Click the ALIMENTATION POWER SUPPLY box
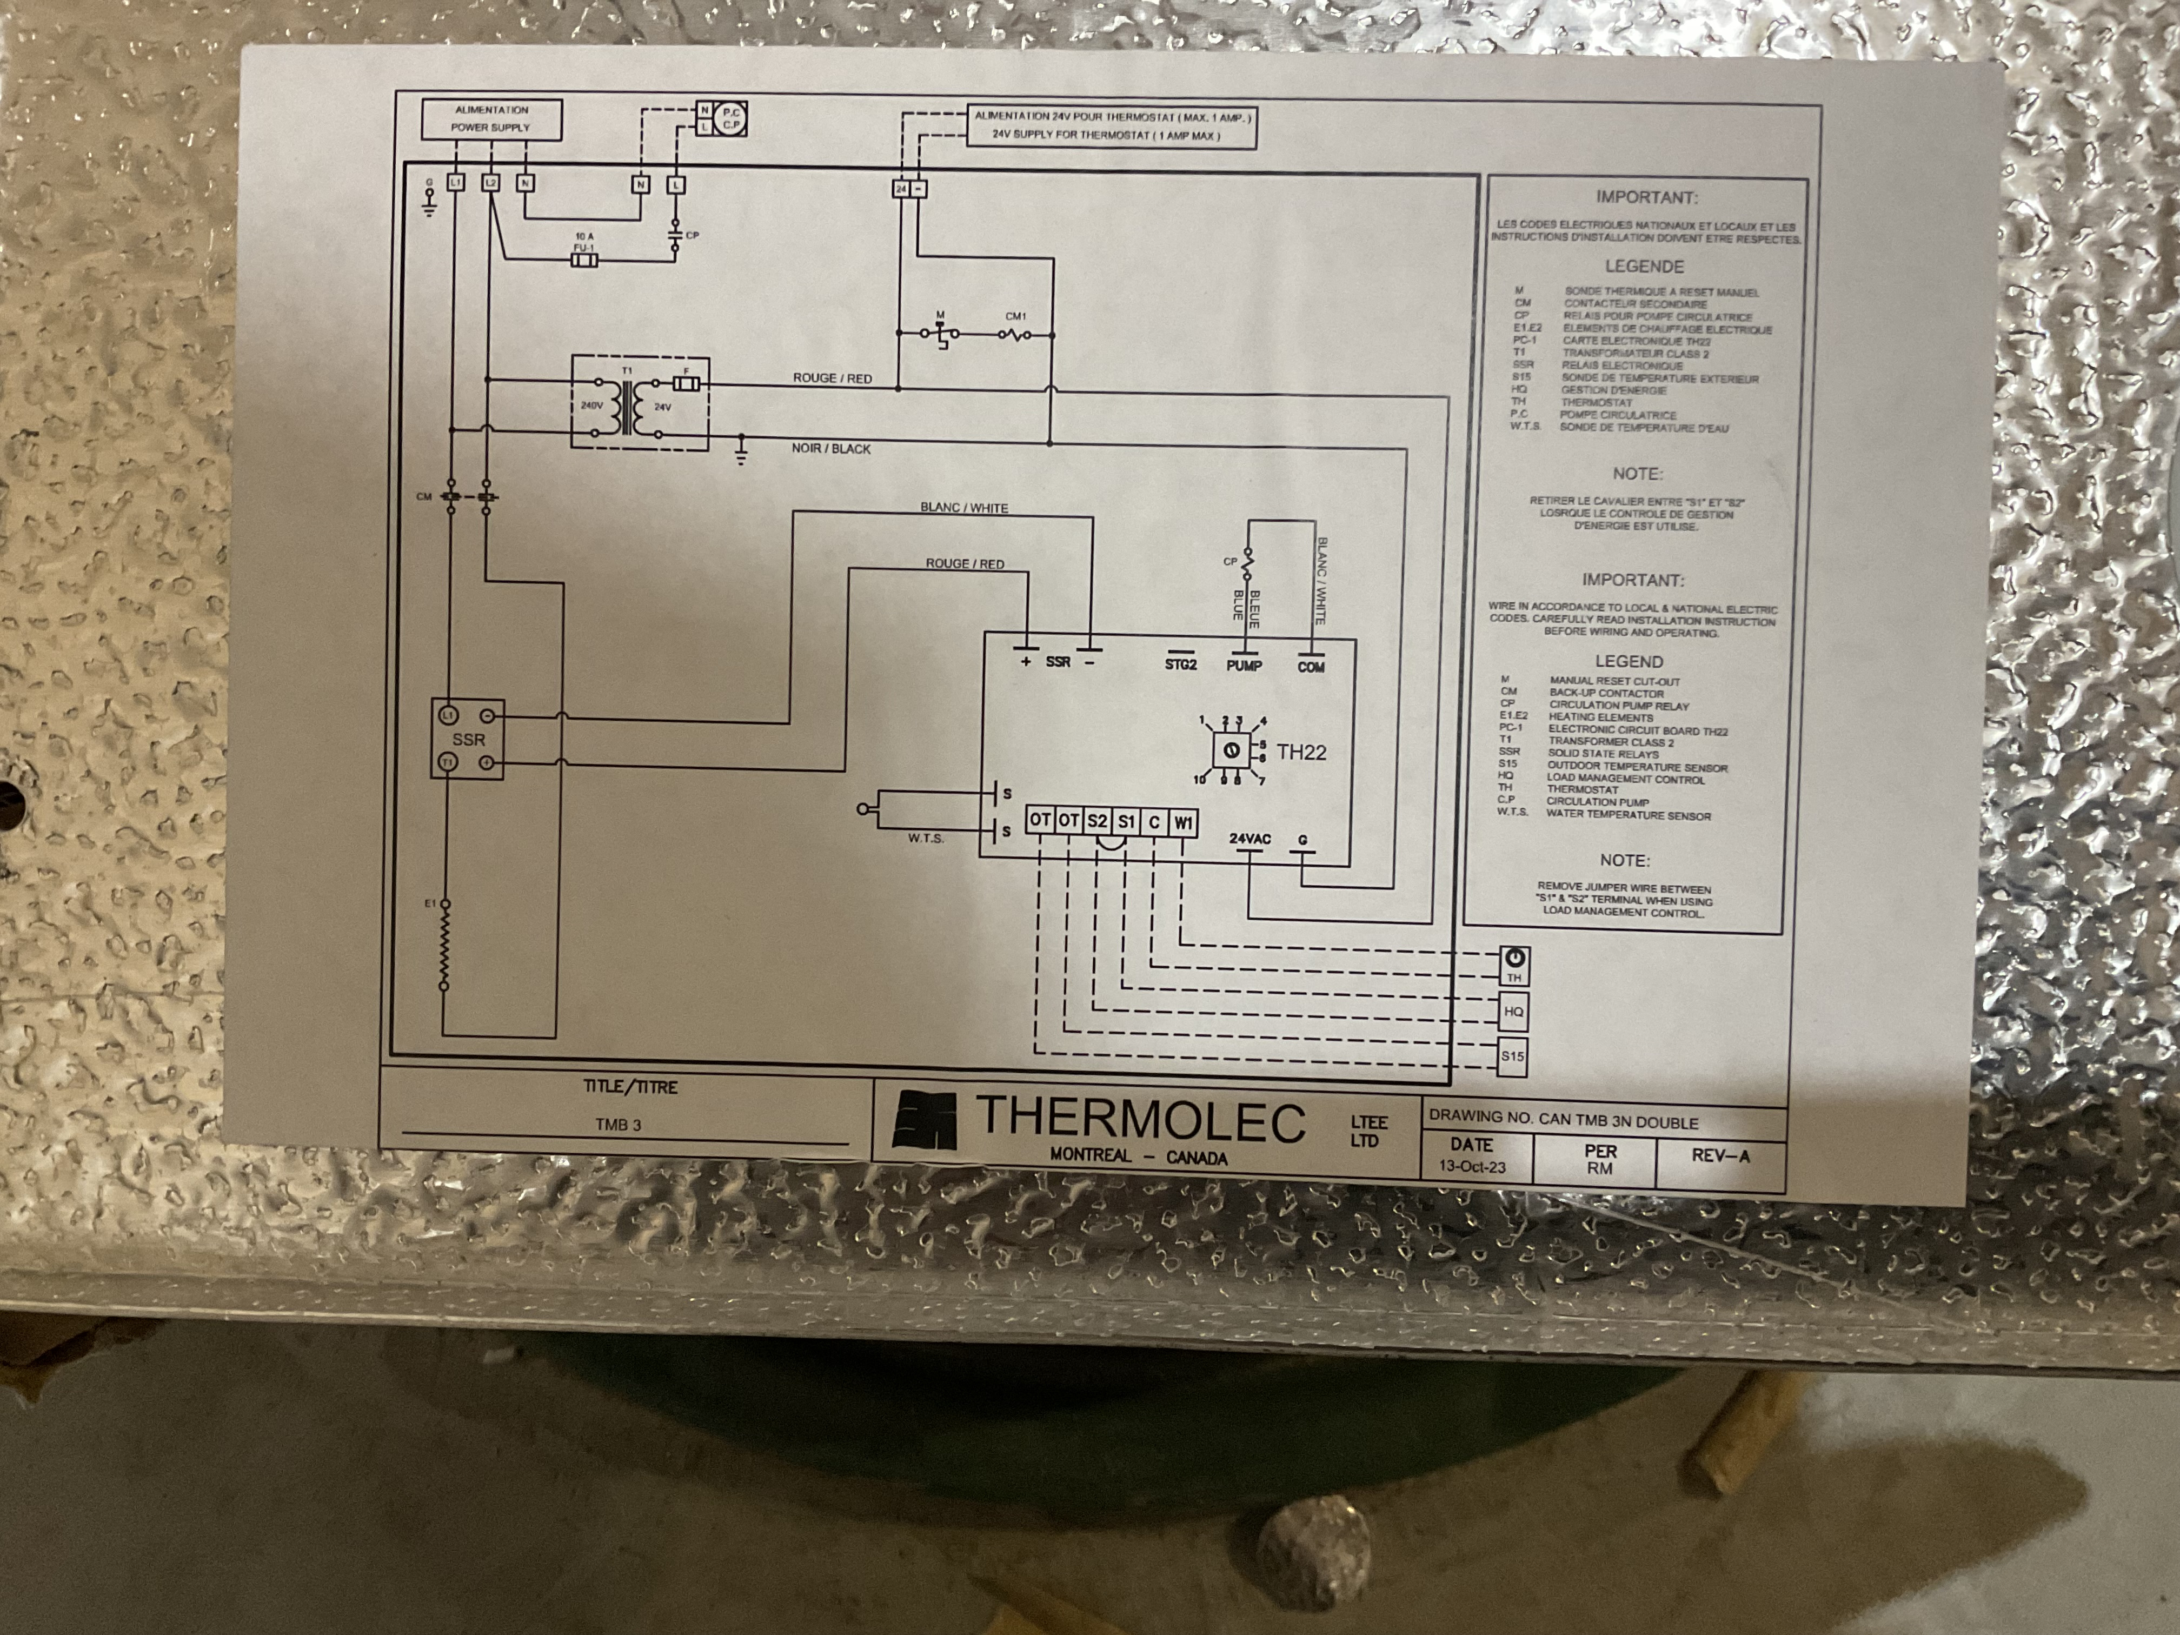click(492, 119)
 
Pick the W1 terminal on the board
click(1182, 822)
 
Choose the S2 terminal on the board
click(1097, 821)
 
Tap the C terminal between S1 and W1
click(1154, 822)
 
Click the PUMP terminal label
click(1244, 666)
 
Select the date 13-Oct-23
click(1471, 1166)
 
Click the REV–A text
click(1720, 1155)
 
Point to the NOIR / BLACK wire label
click(831, 448)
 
